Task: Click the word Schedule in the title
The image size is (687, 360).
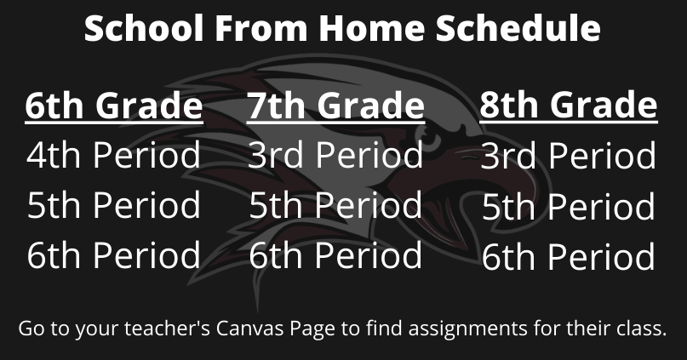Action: (x=518, y=27)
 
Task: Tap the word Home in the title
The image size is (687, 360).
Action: (x=371, y=27)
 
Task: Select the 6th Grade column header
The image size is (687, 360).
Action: (x=114, y=106)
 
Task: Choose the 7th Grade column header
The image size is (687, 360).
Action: (x=335, y=106)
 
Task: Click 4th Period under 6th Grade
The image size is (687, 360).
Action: (x=113, y=155)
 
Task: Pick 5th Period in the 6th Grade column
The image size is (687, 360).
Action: (x=113, y=204)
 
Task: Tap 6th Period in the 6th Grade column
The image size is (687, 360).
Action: (x=113, y=254)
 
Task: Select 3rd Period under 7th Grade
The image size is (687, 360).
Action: (x=335, y=155)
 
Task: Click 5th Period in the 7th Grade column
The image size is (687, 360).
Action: (x=335, y=204)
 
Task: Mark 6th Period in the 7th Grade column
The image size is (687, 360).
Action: (x=335, y=254)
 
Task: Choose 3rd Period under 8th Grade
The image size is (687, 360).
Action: (x=569, y=156)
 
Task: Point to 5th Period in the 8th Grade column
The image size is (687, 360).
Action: (x=569, y=206)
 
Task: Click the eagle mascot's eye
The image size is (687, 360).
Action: (x=430, y=140)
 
